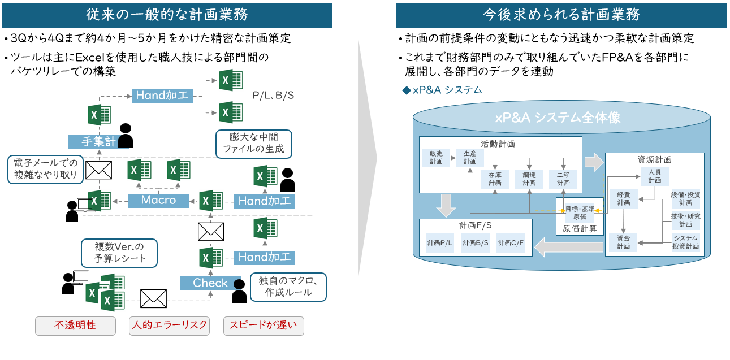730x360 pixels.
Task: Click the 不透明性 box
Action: (75, 326)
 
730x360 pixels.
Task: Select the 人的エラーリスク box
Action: (169, 326)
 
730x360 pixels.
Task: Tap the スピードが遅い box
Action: (263, 326)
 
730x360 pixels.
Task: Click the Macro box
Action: (158, 200)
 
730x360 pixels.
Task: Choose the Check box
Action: (210, 283)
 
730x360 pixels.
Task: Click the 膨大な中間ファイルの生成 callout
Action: (254, 144)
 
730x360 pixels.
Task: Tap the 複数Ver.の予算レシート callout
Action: (119, 253)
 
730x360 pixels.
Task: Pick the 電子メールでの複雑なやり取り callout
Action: (45, 169)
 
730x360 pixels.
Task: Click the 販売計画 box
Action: (436, 157)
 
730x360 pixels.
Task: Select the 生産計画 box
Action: (470, 157)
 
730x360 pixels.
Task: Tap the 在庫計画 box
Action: (495, 179)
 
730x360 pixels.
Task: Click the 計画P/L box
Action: (439, 243)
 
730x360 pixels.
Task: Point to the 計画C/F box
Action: (511, 243)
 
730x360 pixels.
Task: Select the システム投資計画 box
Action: (685, 242)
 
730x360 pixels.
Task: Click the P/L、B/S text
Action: (273, 96)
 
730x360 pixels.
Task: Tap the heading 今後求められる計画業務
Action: (561, 15)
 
